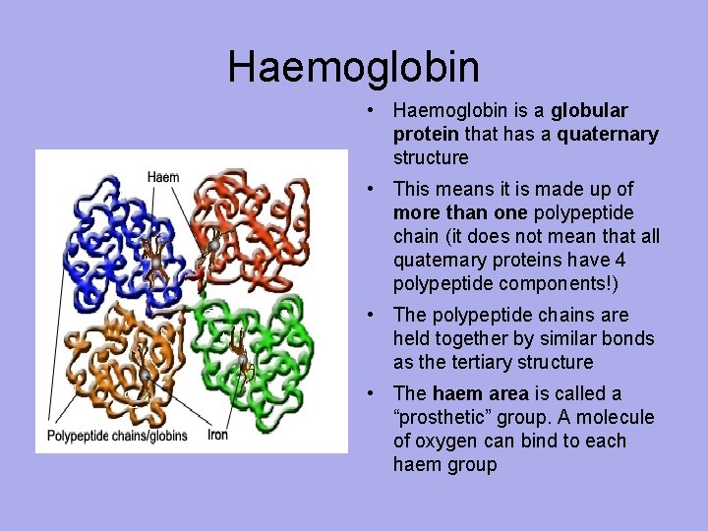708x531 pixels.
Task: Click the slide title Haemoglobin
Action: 354,67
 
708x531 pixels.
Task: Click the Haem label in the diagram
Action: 163,178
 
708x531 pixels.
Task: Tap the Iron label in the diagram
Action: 219,434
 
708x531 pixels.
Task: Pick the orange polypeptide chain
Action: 108,354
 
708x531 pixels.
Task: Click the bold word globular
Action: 590,110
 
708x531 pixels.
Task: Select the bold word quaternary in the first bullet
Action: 607,134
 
